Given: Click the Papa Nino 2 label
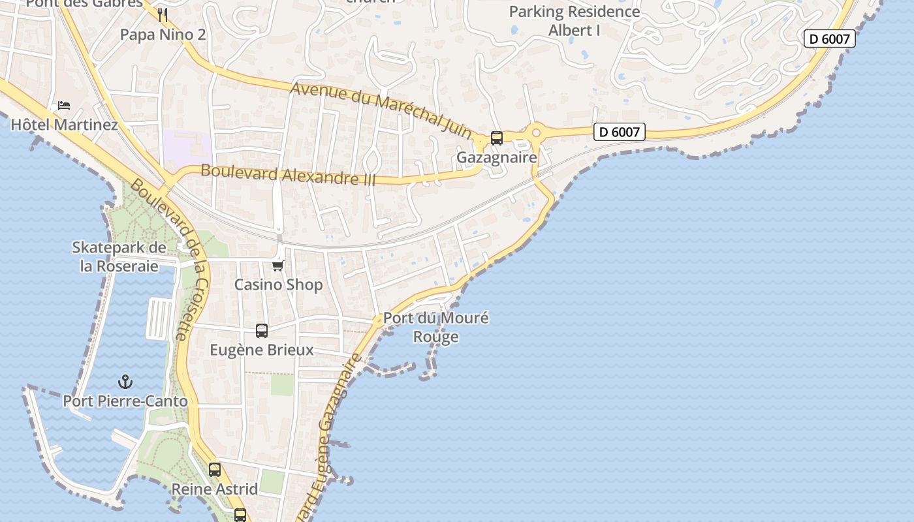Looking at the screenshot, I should [163, 35].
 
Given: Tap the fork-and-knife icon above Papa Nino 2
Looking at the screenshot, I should [163, 15].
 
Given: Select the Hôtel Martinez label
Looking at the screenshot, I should [64, 124].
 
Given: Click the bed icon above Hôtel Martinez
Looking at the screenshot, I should [63, 105].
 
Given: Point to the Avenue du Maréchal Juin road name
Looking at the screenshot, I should [381, 109].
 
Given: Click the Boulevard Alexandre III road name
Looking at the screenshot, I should [288, 175].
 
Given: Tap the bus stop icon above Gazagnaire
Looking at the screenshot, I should [497, 138].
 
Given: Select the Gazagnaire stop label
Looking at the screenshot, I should [496, 157].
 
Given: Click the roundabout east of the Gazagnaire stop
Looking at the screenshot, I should [536, 133].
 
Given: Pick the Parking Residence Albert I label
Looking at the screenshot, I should [575, 21].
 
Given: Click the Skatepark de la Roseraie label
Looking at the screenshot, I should [119, 256].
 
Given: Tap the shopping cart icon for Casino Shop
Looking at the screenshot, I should [278, 266].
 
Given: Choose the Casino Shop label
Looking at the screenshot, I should [278, 284].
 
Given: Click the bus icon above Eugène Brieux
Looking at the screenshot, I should [262, 331].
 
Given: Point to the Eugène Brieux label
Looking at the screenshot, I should [262, 350].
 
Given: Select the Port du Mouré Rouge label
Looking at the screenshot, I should [435, 328].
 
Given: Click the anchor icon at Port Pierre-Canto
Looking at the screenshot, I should [125, 382].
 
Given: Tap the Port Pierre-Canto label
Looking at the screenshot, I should [125, 401].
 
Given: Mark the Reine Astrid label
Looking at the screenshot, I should [214, 489].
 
